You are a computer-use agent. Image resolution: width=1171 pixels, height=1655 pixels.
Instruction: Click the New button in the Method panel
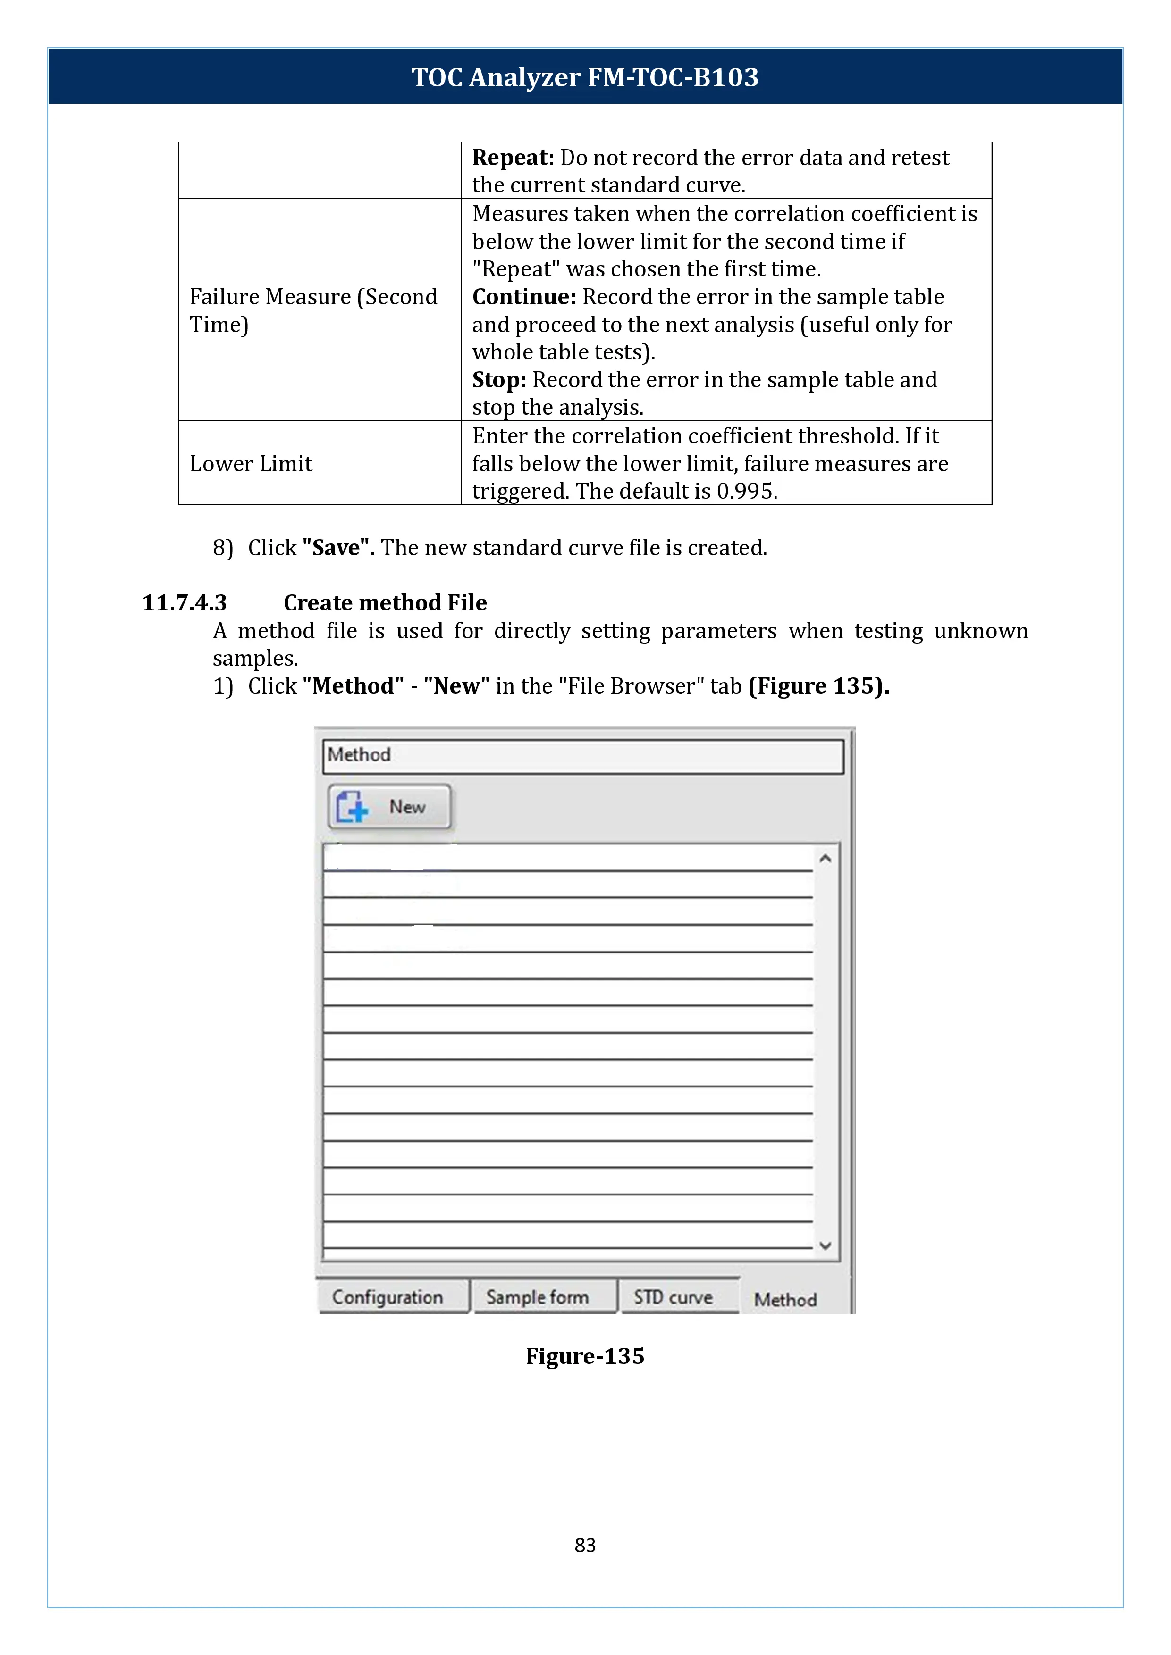390,807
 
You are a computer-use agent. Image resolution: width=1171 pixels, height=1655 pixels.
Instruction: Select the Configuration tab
387,1297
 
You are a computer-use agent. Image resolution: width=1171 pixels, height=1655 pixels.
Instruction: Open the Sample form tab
537,1297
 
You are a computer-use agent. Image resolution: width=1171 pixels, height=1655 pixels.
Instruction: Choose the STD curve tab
673,1297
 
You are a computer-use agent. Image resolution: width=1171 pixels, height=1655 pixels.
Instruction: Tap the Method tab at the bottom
785,1300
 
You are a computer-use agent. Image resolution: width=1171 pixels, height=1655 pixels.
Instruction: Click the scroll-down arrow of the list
826,1245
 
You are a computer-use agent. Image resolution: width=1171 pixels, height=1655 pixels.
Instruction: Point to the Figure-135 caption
585,1356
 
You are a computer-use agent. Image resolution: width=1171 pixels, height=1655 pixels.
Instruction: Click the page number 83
585,1545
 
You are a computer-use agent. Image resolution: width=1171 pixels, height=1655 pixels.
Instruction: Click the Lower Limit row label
251,463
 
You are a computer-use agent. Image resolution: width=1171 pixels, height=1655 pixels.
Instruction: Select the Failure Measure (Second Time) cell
313,310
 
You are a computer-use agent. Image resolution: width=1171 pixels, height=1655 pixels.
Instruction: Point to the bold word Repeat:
513,158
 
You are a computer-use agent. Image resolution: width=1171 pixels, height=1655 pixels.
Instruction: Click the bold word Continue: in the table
523,297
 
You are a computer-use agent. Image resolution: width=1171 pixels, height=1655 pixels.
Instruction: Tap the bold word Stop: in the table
499,380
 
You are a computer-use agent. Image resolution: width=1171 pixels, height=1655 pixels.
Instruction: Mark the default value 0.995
746,492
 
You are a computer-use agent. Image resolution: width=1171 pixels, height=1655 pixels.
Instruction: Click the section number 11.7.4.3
185,602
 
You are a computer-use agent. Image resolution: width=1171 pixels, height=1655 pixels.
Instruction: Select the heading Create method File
385,602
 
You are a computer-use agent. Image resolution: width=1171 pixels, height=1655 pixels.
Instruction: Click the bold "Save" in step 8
336,548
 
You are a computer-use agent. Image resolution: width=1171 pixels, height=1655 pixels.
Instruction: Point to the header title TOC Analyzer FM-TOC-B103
585,77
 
